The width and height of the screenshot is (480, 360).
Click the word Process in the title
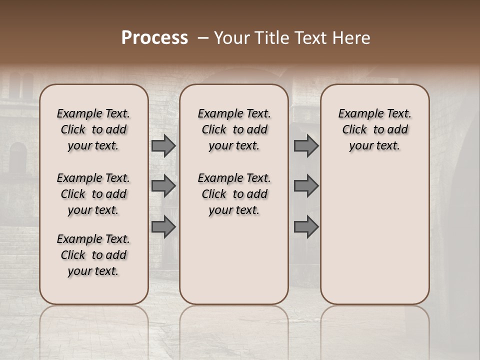[x=154, y=38]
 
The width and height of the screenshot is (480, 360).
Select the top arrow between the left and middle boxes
[x=163, y=145]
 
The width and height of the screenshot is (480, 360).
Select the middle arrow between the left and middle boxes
[x=163, y=186]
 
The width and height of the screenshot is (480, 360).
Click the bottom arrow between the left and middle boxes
[x=163, y=226]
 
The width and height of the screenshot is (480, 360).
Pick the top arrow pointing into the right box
[x=306, y=145]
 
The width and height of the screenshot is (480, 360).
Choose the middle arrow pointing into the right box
[x=306, y=186]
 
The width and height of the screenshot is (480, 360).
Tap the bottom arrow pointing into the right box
[x=306, y=226]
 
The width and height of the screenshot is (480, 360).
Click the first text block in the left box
[x=93, y=129]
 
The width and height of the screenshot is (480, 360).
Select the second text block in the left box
[x=93, y=194]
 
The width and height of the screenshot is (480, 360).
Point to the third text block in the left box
[x=93, y=255]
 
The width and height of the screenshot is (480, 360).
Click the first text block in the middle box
[x=234, y=129]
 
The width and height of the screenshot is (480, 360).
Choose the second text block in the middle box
[x=234, y=194]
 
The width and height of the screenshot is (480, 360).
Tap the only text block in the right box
[x=375, y=129]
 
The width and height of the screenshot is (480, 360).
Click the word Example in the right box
[x=356, y=113]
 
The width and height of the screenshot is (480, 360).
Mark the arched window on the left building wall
[x=18, y=158]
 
